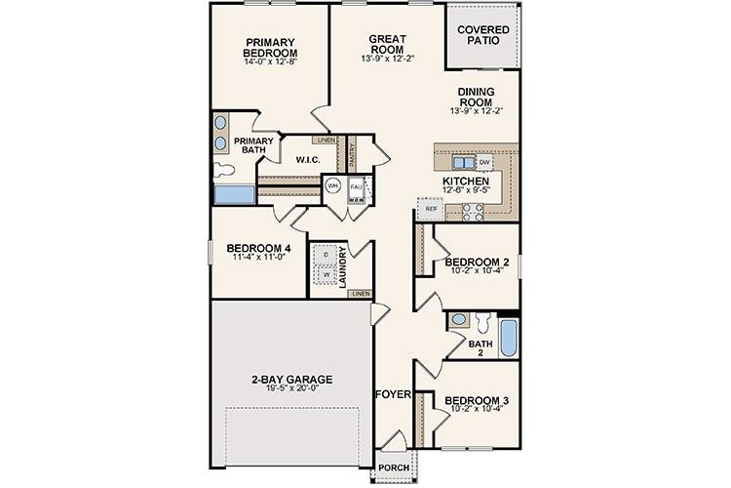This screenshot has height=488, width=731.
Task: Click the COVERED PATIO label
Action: (483, 36)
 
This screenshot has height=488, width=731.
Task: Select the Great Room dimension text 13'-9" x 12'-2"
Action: (387, 58)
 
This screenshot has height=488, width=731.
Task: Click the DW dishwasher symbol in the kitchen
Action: (484, 161)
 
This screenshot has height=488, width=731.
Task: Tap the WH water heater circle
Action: (333, 185)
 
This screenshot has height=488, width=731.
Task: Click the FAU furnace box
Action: (357, 185)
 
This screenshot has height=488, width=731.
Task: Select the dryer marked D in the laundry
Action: (325, 255)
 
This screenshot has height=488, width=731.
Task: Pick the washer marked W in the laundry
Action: (325, 275)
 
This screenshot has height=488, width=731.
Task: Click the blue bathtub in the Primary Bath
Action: (234, 192)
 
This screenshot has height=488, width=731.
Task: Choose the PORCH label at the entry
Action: (393, 466)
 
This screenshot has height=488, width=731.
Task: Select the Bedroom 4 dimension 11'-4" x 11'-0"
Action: (258, 259)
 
